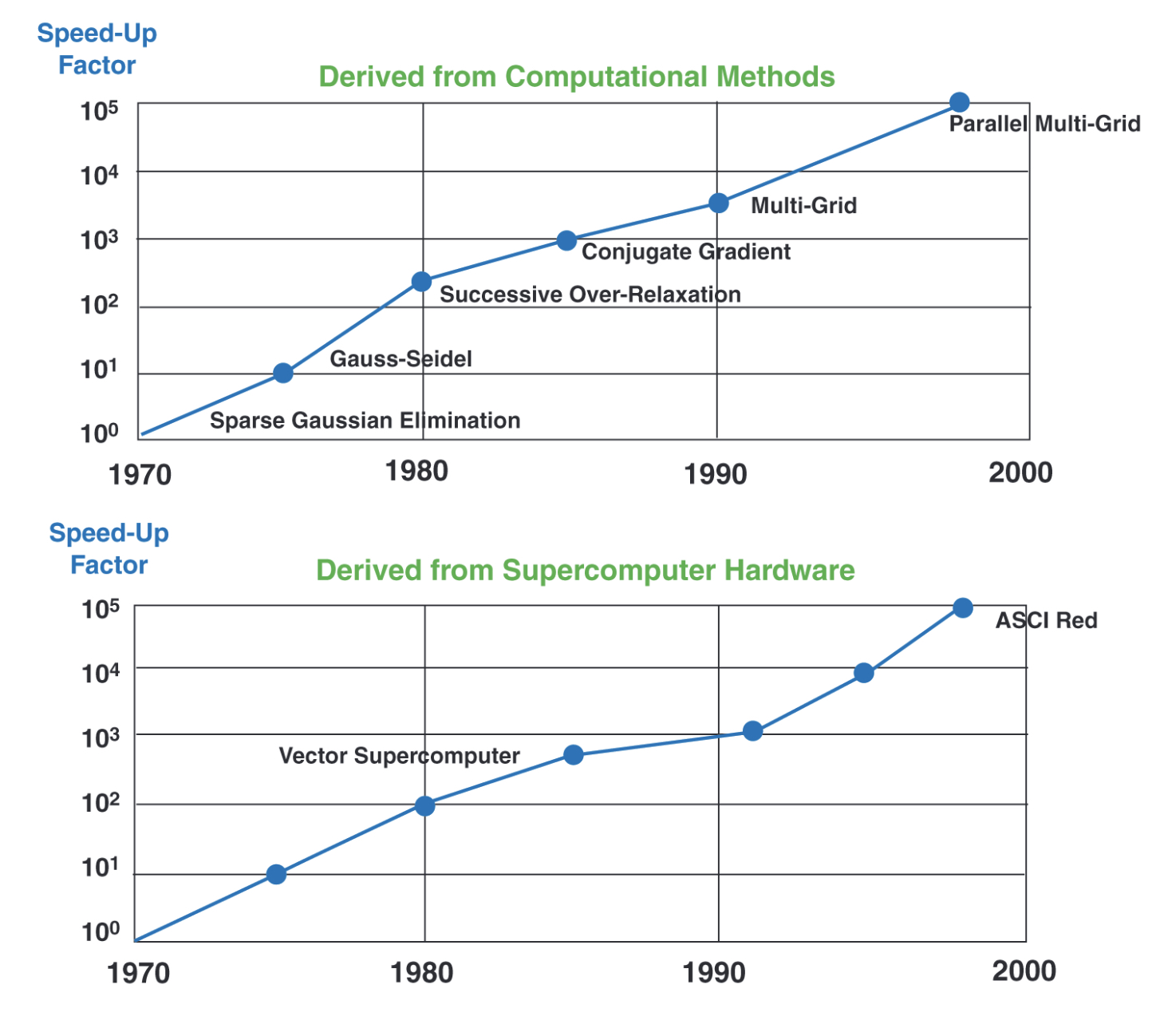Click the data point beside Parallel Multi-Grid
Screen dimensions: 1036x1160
(960, 102)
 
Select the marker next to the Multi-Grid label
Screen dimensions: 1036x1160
(719, 203)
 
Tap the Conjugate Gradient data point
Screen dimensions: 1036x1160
(566, 240)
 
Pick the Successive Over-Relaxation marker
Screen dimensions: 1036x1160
(422, 281)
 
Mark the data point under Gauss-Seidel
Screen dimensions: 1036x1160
(283, 373)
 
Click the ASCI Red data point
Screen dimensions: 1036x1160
(963, 608)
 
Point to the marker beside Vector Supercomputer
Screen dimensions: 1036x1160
(574, 755)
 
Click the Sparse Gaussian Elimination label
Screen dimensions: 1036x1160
(365, 421)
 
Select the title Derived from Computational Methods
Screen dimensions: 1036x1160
(576, 77)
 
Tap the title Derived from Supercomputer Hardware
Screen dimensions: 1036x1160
(585, 571)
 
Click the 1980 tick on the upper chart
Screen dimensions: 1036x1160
(416, 472)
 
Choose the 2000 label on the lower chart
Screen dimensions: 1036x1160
(1024, 971)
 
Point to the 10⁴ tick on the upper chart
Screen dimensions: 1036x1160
(100, 174)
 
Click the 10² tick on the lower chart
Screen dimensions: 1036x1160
(101, 802)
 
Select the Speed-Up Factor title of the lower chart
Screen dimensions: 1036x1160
(109, 548)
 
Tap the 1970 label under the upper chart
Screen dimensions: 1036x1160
(140, 475)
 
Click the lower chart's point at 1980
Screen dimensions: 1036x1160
(425, 805)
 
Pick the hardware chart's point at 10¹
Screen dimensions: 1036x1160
(276, 874)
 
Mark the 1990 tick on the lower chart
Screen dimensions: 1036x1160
(714, 973)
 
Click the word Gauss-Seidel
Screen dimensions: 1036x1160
(400, 359)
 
